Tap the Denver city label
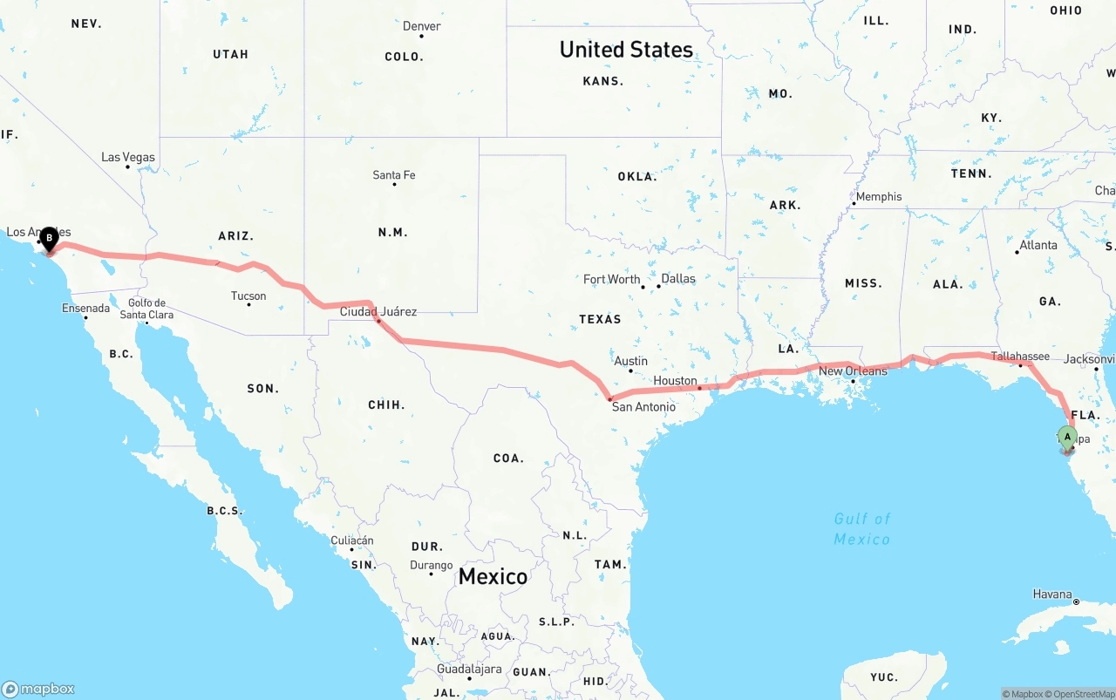(x=421, y=26)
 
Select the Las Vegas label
(x=128, y=158)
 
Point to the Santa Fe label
(x=394, y=175)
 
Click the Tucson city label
(x=248, y=296)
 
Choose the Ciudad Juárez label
(x=378, y=311)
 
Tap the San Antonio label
(x=643, y=407)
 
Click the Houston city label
(x=676, y=381)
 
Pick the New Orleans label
(x=853, y=371)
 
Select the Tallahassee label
(x=1020, y=357)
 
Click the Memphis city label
(x=879, y=197)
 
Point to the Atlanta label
(x=1038, y=246)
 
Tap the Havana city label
(x=1052, y=595)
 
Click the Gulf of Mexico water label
(x=862, y=529)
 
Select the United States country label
(x=626, y=50)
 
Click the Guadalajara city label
(x=470, y=669)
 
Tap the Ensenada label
(x=85, y=309)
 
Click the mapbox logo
(x=38, y=689)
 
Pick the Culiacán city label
(x=352, y=540)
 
